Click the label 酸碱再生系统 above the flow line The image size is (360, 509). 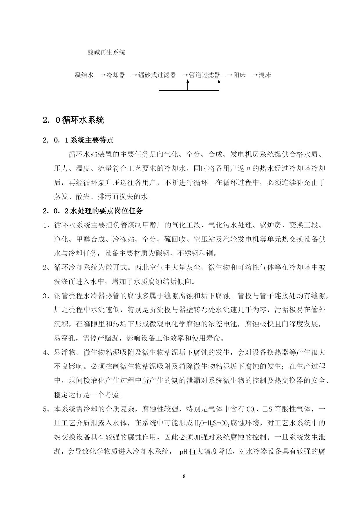(x=106, y=53)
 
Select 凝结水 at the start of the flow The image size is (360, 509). (x=84, y=75)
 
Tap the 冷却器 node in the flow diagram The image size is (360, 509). (x=116, y=75)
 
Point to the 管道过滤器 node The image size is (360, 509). (x=205, y=75)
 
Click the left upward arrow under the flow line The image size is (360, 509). (x=188, y=85)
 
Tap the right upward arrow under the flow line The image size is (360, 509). (x=219, y=85)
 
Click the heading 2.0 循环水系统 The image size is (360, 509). (x=73, y=120)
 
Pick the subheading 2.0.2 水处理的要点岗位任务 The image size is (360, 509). (x=93, y=211)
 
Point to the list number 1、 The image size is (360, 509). (x=47, y=225)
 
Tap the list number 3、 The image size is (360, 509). (x=47, y=296)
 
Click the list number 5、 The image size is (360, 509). (x=47, y=409)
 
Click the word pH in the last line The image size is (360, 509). (x=183, y=452)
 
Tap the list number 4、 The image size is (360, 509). (x=47, y=353)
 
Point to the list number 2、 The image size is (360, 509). (x=47, y=268)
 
